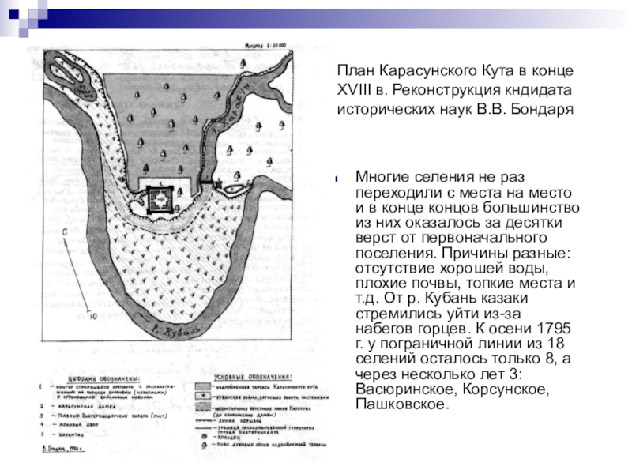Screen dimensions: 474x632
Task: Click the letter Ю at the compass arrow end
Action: click(x=92, y=318)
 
